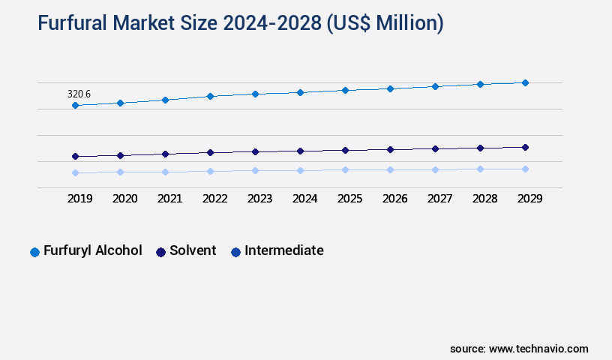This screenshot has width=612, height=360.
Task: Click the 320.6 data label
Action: click(x=79, y=94)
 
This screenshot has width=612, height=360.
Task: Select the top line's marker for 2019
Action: click(x=75, y=106)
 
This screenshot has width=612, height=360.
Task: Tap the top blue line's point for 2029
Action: click(x=525, y=82)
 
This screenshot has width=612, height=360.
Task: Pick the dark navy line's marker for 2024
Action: click(x=300, y=151)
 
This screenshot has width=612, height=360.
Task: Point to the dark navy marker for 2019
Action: click(x=75, y=156)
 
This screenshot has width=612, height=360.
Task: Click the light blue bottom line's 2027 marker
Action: click(x=435, y=169)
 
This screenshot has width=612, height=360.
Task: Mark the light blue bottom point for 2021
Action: click(x=165, y=172)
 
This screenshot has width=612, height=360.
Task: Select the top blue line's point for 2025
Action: click(x=345, y=90)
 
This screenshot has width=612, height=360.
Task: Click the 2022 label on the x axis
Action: click(x=214, y=199)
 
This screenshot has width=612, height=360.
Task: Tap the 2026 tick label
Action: click(x=394, y=199)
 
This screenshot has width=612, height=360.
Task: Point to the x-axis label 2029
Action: click(x=529, y=199)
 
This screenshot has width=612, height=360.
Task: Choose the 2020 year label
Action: click(x=124, y=199)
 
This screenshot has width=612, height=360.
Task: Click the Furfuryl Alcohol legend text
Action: click(x=92, y=250)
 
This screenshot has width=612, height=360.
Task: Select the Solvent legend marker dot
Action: click(x=160, y=252)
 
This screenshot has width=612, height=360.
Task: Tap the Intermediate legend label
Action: click(x=284, y=250)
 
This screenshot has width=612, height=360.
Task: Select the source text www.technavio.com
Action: click(x=538, y=349)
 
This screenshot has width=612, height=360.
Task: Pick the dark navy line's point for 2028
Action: click(x=480, y=148)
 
